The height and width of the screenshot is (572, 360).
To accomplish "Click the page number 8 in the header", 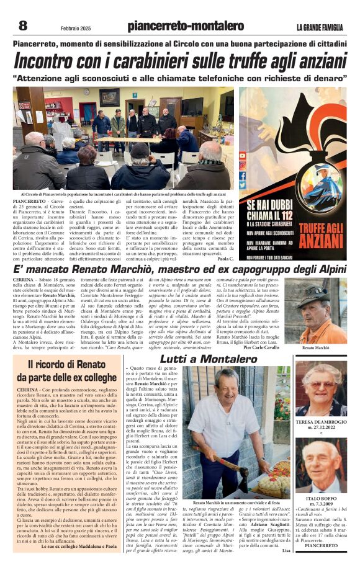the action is (23, 25).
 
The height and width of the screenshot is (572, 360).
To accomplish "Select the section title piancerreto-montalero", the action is (186, 26).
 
